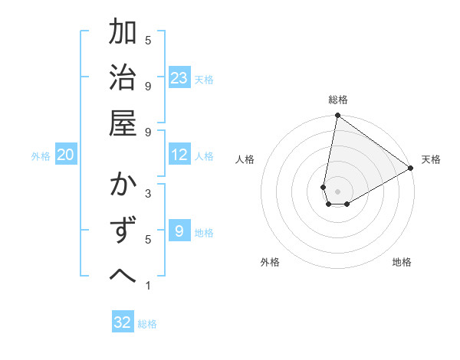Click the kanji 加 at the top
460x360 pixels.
click(123, 33)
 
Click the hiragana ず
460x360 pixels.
click(123, 232)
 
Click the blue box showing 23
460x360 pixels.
click(179, 77)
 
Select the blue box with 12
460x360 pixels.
click(179, 155)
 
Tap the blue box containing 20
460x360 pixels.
click(66, 155)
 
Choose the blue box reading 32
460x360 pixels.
click(123, 322)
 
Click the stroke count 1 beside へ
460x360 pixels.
click(148, 286)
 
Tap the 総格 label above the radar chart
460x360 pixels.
click(338, 100)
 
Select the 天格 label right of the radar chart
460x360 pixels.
click(431, 159)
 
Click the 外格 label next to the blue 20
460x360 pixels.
click(41, 155)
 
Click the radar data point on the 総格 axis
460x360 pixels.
click(337, 116)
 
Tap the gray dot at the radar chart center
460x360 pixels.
click(337, 191)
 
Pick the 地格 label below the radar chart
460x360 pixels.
click(402, 262)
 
